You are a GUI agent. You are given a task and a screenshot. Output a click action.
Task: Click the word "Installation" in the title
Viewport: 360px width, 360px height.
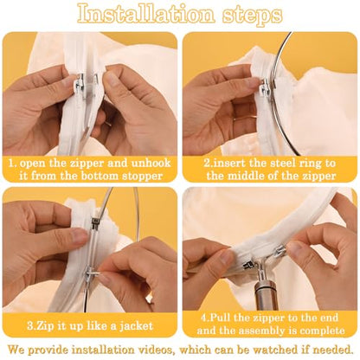pos(146,14)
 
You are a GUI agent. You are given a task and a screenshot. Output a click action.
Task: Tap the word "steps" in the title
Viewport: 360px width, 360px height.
pos(253,16)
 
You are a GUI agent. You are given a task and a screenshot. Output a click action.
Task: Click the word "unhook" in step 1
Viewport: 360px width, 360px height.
pos(151,163)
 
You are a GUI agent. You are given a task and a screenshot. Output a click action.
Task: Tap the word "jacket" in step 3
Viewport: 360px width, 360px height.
pos(136,326)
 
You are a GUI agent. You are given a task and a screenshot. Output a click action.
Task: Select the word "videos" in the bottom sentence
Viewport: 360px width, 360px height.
pos(156,350)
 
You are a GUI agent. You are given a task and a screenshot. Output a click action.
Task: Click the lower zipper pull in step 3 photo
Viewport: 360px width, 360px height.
pos(91,272)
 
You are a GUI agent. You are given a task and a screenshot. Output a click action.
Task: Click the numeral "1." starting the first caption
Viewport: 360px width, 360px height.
pos(13,164)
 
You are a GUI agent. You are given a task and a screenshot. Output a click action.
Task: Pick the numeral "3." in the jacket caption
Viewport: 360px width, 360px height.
pos(31,326)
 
